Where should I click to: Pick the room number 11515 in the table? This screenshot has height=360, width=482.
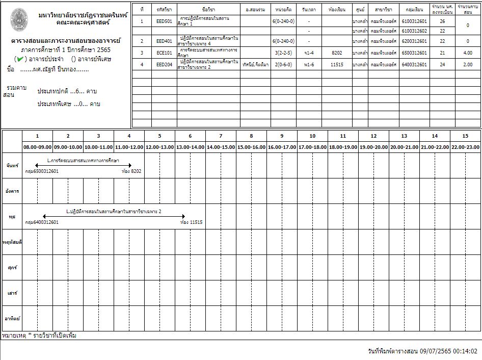click(337, 65)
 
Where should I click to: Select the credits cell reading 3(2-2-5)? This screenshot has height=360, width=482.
click(283, 53)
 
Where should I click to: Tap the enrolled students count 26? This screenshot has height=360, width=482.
click(442, 21)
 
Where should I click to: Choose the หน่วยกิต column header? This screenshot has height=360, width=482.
click(283, 10)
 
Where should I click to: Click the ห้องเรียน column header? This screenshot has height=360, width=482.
click(337, 10)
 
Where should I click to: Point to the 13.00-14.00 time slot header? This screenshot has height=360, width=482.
click(190, 147)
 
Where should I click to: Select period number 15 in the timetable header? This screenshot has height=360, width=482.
click(465, 136)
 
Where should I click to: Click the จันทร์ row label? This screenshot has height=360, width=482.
click(12, 166)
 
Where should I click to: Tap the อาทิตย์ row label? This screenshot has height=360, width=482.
click(12, 319)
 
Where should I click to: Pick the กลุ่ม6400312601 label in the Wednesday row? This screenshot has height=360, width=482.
click(42, 222)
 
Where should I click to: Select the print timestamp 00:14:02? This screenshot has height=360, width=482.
click(466, 351)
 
